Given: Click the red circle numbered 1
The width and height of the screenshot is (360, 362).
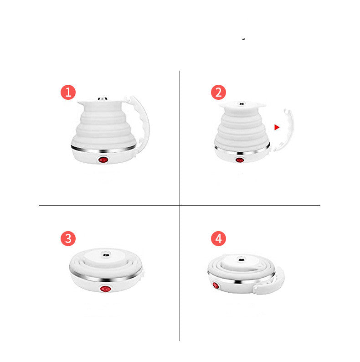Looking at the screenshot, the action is (x=68, y=93).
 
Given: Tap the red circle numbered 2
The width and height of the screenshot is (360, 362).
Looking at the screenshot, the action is (x=218, y=93).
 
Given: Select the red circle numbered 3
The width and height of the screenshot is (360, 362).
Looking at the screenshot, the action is (x=68, y=238).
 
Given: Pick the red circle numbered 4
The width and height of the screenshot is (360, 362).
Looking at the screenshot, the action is (x=218, y=238).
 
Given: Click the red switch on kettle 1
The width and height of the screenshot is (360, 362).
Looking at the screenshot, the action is (x=103, y=160).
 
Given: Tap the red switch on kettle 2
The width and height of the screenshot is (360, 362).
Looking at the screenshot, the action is (x=240, y=160).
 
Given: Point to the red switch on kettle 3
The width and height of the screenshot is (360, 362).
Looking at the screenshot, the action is (x=105, y=289).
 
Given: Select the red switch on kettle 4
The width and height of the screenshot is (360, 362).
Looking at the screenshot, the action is (x=216, y=285).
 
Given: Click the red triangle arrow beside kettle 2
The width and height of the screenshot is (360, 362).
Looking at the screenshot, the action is (x=277, y=127).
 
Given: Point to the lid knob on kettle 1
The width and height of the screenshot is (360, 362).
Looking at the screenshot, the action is (x=103, y=99).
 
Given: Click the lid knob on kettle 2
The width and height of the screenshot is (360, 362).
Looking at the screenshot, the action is (x=242, y=104).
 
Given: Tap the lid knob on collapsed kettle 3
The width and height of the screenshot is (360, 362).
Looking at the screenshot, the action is (x=106, y=255).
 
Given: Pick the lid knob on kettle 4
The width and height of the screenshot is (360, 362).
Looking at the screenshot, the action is (x=241, y=259).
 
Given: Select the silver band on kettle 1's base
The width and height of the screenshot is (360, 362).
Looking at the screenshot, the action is (x=103, y=150).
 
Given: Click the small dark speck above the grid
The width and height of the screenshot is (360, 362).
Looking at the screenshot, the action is (x=243, y=39).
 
